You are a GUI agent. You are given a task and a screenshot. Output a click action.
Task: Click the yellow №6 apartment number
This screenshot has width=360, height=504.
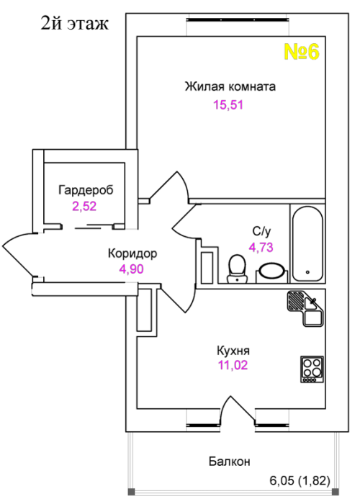point(302,51)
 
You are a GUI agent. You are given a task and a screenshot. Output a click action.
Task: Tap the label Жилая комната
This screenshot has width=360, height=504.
point(230,86)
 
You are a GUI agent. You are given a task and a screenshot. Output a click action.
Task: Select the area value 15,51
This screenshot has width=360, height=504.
point(228,105)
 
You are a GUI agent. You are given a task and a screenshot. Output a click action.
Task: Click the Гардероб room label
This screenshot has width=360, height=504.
point(86,190)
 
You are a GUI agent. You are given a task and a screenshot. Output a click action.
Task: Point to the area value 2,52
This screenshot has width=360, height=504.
point(84,206)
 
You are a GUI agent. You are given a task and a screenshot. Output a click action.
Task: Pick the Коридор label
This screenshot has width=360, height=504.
point(132,253)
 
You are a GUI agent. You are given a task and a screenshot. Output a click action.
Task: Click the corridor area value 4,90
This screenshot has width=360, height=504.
point(131,269)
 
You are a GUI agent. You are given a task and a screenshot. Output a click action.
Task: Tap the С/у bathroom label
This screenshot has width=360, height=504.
point(261,231)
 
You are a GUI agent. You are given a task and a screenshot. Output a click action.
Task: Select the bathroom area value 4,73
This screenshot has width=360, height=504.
point(261,247)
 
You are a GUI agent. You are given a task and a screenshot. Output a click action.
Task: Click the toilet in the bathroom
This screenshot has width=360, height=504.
point(237,269)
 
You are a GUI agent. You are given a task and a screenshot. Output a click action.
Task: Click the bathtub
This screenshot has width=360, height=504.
point(307,244)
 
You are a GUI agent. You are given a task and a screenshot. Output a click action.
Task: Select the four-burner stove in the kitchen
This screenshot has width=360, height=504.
point(312,369)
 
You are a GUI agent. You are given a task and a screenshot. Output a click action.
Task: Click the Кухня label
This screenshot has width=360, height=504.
point(233,351)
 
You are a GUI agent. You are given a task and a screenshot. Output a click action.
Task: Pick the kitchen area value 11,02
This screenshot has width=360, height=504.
point(233,365)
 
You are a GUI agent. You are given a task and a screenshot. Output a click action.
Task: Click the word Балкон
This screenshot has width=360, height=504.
point(229,462)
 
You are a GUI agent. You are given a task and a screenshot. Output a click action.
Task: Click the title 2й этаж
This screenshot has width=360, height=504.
point(75,24)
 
